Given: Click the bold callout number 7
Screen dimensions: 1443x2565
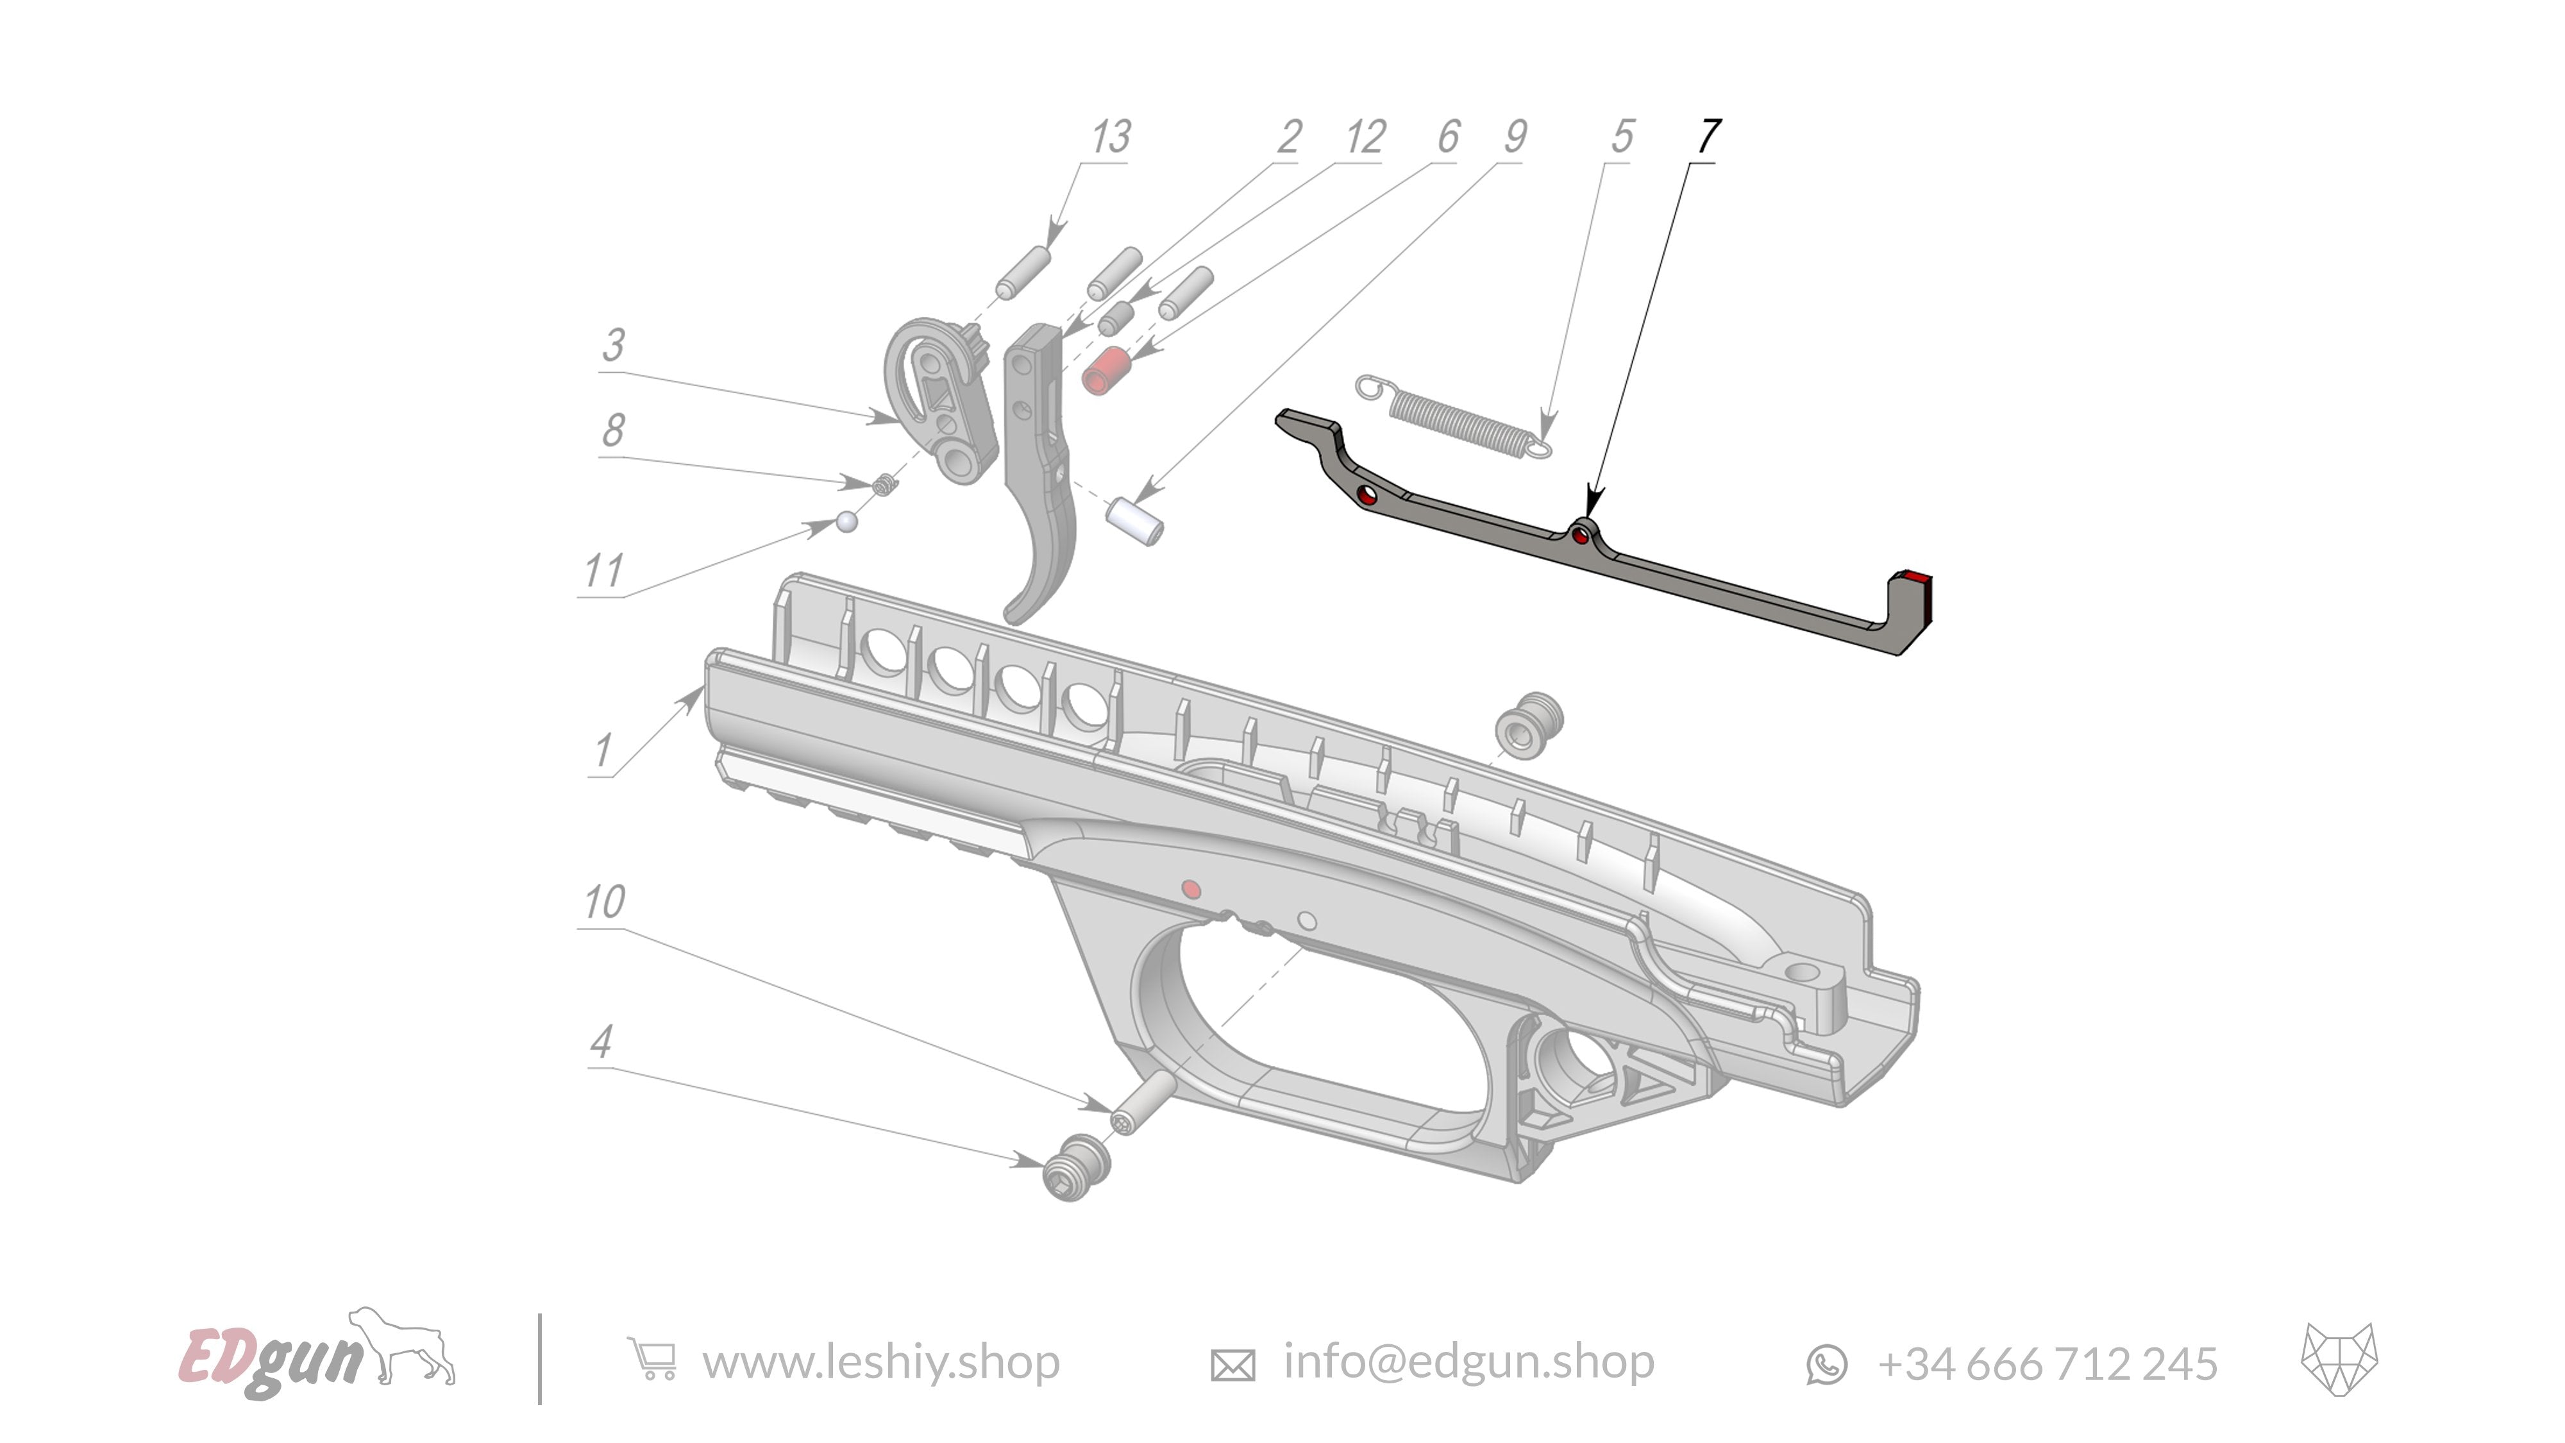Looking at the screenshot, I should point(1709,137).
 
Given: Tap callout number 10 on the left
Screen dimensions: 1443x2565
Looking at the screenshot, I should point(605,902).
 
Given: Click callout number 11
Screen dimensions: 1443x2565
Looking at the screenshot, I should point(603,571).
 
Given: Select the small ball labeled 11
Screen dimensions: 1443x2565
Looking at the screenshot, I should point(846,522).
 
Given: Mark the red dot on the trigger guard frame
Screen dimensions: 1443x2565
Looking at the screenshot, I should point(1190,888).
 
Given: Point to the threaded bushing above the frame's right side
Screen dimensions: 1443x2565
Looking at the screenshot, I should point(1529,724).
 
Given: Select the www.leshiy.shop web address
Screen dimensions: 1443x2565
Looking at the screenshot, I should point(880,1362).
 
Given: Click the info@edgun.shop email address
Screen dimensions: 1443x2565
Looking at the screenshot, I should point(1468,1362).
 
